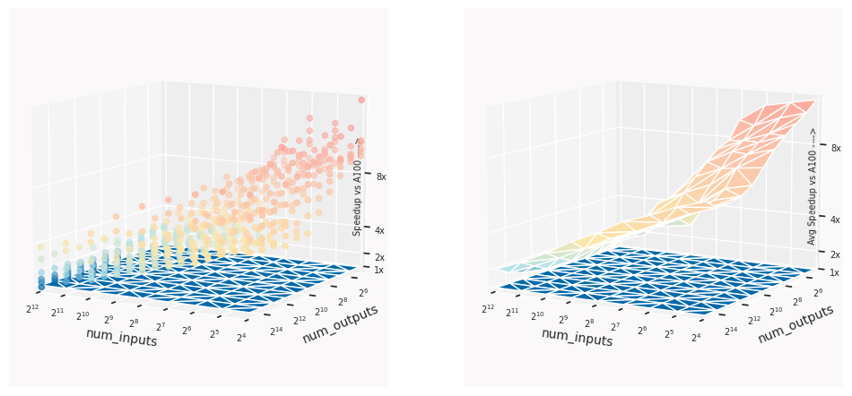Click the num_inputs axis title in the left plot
click(x=121, y=338)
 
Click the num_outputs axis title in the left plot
click(x=339, y=323)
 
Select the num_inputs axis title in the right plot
click(x=577, y=338)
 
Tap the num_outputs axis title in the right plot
click(x=795, y=323)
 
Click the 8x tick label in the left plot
click(x=381, y=177)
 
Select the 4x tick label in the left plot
click(x=381, y=230)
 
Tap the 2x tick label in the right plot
click(x=836, y=255)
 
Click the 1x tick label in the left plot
click(x=379, y=270)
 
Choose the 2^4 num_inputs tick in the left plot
click(x=241, y=338)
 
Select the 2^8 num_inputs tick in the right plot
click(x=592, y=323)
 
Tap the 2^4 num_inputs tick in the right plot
click(x=697, y=338)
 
